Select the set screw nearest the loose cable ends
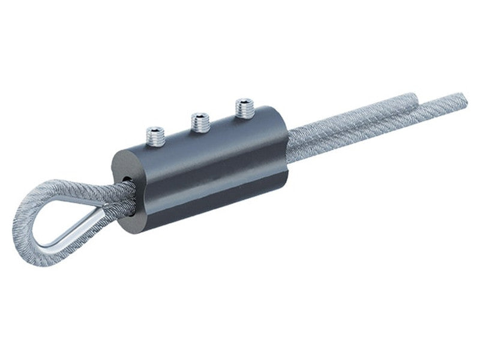(x=244, y=109)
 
